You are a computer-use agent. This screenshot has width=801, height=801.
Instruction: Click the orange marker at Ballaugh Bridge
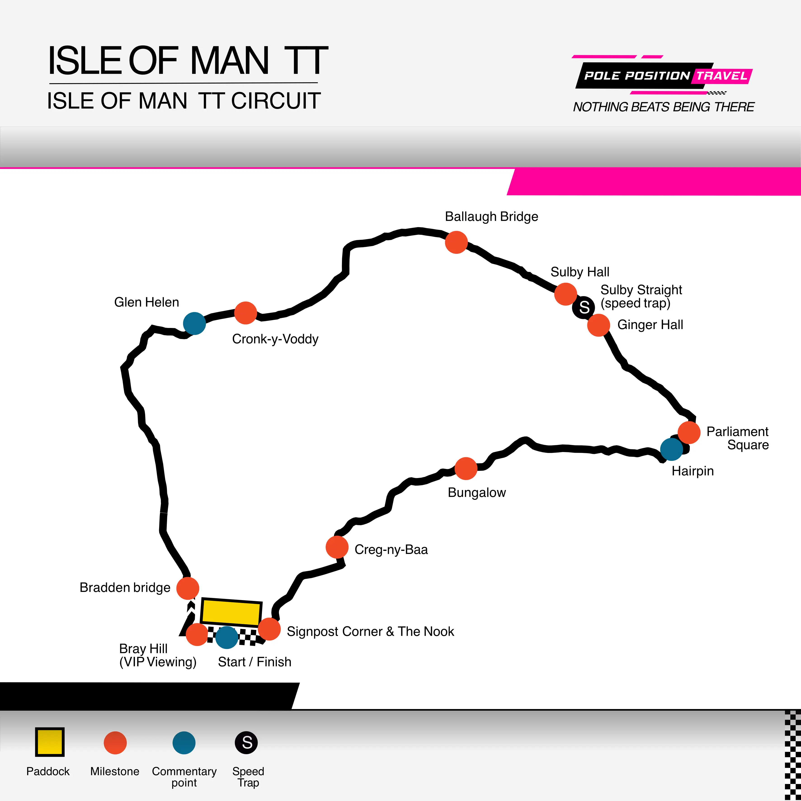coord(456,242)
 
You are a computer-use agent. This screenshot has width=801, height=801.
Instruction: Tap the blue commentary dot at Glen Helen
coord(194,323)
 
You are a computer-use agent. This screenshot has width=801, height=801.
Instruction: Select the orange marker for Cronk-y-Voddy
coord(245,313)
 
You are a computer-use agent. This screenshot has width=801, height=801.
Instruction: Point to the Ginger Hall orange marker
coord(599,325)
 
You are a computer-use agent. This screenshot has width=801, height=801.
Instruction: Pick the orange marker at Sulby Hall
coord(565,294)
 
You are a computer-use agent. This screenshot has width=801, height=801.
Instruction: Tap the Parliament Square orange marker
coord(689,432)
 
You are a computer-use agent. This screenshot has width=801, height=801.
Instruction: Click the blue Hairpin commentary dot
coord(672,449)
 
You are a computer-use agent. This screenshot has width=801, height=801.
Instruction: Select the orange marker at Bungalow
coord(466,469)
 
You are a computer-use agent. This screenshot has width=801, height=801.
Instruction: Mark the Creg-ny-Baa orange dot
coord(337,547)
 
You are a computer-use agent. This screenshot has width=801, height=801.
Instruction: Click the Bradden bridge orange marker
coord(188,588)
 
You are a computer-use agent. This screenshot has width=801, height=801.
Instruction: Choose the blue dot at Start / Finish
coord(227,637)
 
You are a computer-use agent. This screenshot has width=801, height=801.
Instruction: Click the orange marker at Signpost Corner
coord(269,629)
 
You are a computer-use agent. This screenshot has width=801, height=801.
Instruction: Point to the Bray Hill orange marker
coord(197,634)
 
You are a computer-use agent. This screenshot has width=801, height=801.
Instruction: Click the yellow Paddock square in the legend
coord(49,742)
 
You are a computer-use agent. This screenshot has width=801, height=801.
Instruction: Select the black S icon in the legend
coord(246,742)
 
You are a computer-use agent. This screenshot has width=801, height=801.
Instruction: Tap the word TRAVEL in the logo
coord(721,76)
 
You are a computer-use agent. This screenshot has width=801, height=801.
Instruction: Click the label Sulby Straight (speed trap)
coord(641,296)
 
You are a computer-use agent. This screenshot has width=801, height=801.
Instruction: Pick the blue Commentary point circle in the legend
coord(184,742)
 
